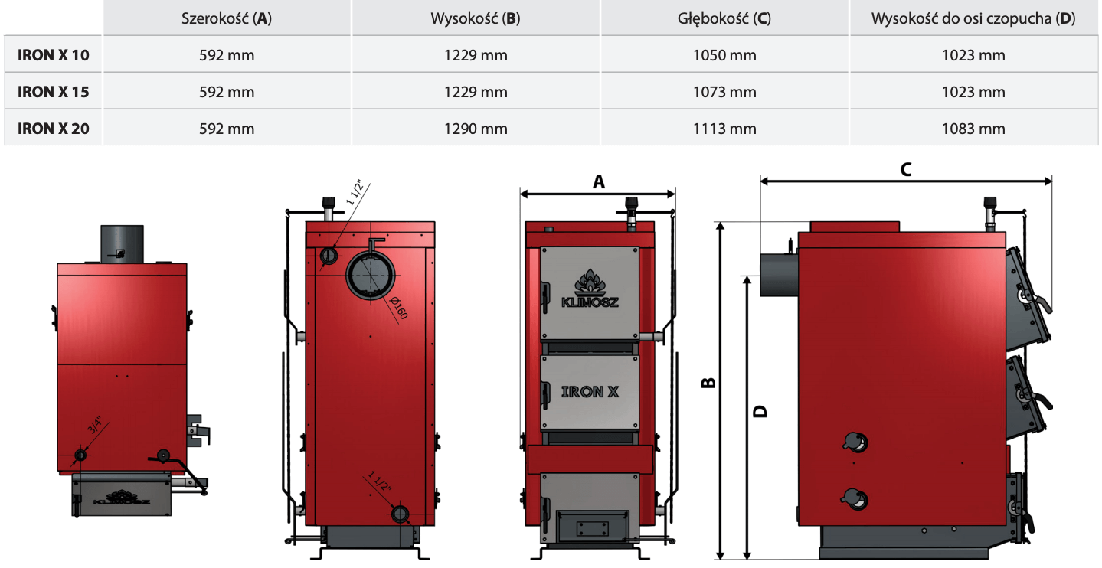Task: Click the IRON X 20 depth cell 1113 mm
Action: tap(724, 129)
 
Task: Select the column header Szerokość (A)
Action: tap(227, 19)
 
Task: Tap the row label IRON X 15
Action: tap(54, 92)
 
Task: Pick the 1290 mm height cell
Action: tap(476, 129)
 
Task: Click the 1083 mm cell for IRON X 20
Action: tap(973, 129)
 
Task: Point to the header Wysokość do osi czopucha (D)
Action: tap(973, 19)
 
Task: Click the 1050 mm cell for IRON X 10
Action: tap(724, 55)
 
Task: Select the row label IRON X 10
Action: tap(54, 55)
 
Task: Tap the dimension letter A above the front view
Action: tap(599, 181)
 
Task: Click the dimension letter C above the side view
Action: tap(905, 170)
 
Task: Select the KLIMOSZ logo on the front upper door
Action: tap(590, 291)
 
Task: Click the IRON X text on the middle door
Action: tap(590, 392)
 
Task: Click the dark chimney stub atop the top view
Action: tap(123, 244)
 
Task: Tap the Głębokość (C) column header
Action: tap(724, 19)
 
